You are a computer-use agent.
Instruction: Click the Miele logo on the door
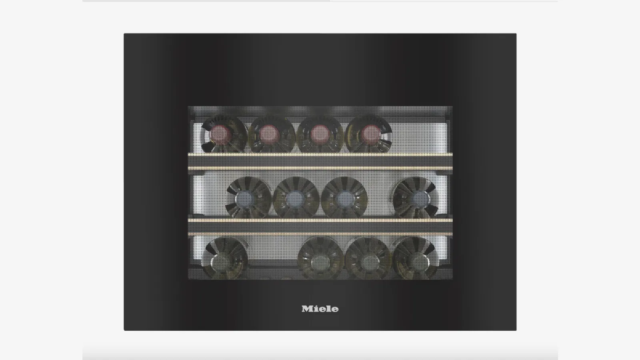tap(320, 308)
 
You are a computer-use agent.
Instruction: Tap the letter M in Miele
tap(306, 309)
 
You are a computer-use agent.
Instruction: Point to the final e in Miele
tap(335, 310)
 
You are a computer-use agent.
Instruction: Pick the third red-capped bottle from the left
tap(320, 134)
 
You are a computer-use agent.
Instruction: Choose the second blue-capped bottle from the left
tap(296, 198)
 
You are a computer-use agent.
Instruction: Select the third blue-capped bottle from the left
tap(344, 198)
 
